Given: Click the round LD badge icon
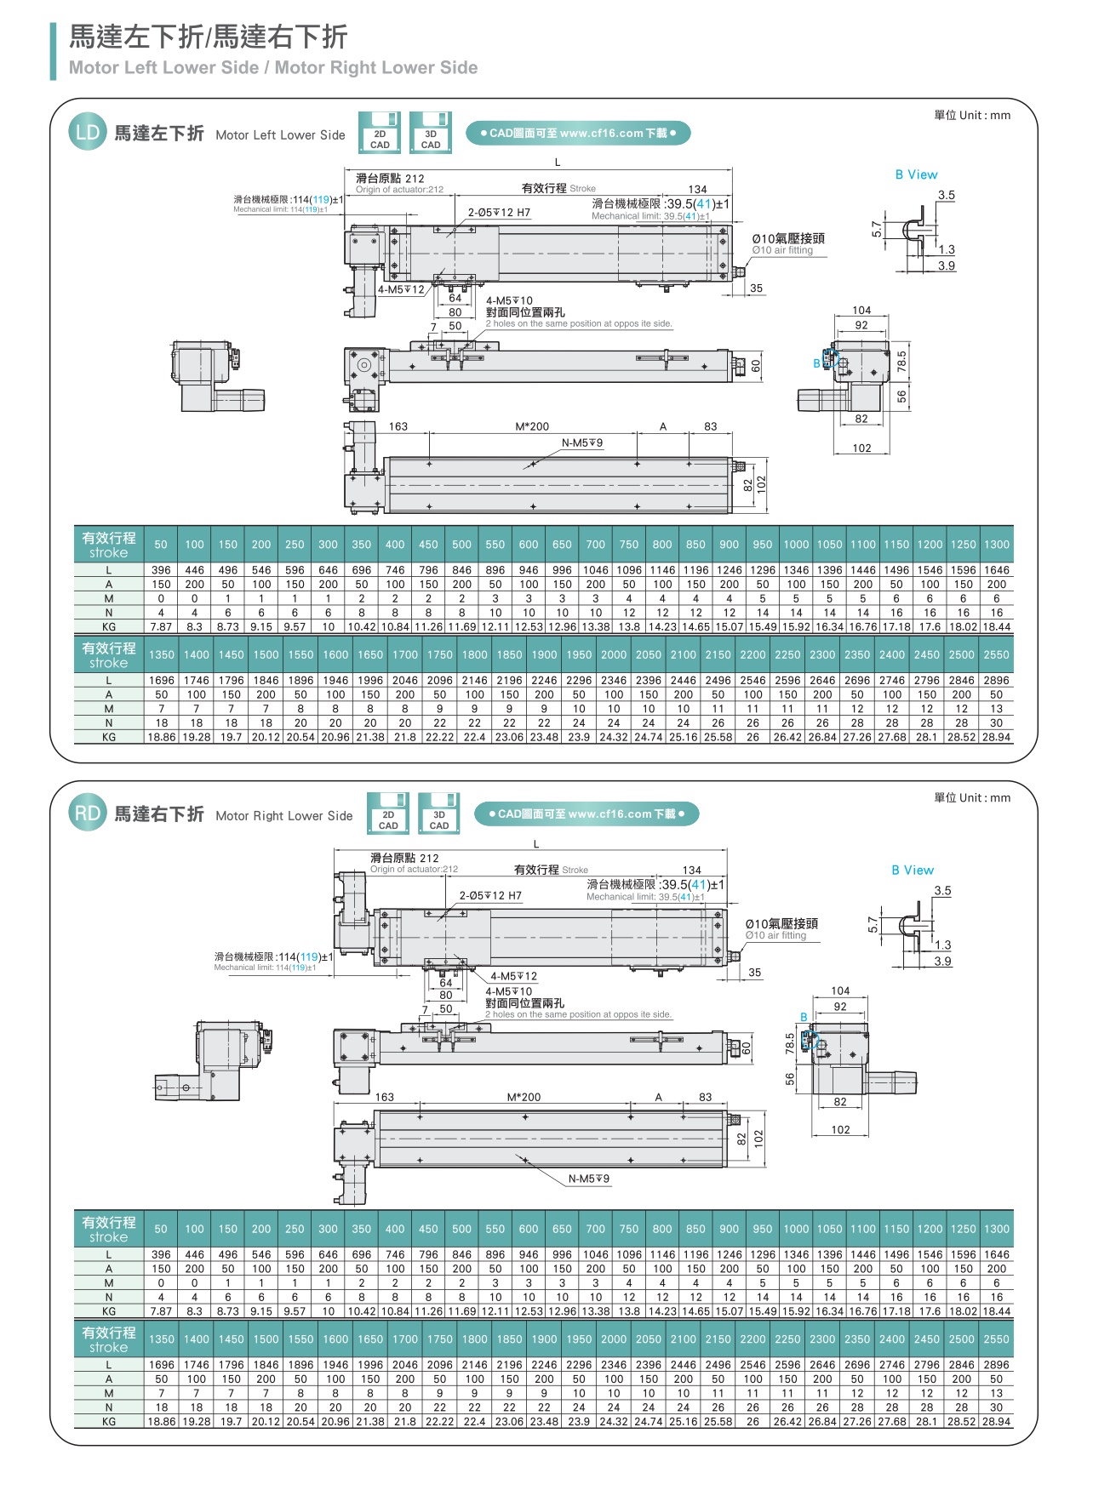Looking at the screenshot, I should coord(88,133).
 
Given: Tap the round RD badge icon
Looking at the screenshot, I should coord(88,814).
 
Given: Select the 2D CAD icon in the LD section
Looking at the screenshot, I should coord(380,133).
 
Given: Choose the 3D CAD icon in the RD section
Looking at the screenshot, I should coord(439,814).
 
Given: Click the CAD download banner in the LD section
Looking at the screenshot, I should coord(578,134).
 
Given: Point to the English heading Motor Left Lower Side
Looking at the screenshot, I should coord(280,135).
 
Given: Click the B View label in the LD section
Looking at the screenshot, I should coord(916,174).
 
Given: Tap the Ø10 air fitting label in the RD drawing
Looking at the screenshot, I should coord(781,928).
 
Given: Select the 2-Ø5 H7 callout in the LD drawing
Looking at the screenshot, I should coord(499,213).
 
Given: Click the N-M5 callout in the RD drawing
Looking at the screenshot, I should coord(589,1179).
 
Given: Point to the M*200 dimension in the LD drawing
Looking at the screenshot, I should coord(532,426).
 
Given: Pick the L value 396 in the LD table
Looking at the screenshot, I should coord(161,570).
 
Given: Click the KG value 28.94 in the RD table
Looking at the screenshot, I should coord(996,1422).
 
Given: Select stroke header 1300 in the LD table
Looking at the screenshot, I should coord(996,545).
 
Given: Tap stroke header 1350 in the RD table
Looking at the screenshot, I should coord(161,1339).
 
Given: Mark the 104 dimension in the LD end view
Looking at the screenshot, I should coord(861,311).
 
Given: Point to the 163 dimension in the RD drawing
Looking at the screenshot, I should coord(385,1097).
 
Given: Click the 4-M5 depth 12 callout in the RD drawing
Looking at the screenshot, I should coord(513,976).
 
